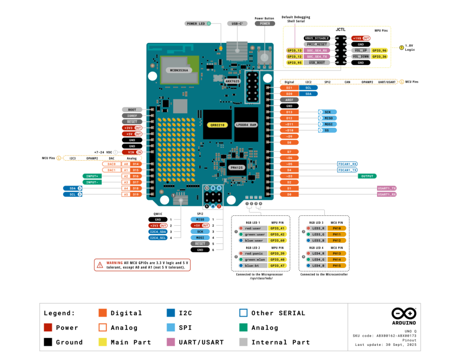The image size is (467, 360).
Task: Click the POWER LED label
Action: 196,23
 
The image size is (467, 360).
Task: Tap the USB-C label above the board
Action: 237,23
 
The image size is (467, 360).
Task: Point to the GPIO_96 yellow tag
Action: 379,50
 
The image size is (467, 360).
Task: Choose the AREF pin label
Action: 289,99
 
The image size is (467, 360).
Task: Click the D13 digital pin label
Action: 289,112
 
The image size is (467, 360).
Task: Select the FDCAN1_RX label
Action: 348,164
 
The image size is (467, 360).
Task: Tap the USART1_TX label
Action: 387,188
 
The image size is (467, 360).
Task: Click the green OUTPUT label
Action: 367,176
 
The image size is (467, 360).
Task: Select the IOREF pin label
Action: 132,116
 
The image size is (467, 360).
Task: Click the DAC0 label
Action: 111,164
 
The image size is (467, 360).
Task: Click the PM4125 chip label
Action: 237,168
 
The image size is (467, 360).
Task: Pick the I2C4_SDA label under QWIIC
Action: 158,232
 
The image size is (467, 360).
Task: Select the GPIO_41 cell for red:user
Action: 277,228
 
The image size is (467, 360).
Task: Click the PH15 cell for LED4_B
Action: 337,265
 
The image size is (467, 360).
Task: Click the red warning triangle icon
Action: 100,265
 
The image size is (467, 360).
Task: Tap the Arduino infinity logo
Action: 404,314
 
